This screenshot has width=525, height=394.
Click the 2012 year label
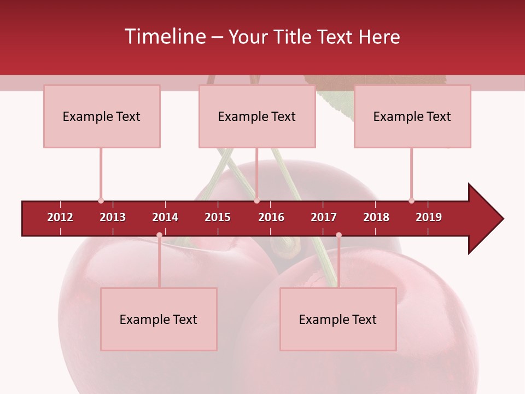click(x=60, y=217)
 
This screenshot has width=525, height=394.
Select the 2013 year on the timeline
click(x=113, y=217)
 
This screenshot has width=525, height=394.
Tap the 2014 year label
click(x=165, y=217)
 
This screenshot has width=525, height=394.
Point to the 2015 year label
click(x=218, y=217)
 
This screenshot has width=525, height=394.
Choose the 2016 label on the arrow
click(x=271, y=217)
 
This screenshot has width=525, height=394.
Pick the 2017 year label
click(x=324, y=217)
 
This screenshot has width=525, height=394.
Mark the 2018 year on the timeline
click(x=376, y=217)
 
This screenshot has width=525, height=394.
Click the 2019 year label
click(x=429, y=217)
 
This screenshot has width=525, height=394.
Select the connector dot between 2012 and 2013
click(x=101, y=201)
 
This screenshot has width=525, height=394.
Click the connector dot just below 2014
click(x=159, y=235)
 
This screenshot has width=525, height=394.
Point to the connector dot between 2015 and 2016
click(x=256, y=201)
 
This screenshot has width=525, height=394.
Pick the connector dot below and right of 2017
click(x=339, y=235)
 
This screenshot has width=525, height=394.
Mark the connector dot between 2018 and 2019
click(x=411, y=201)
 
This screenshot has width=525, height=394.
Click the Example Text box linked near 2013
click(x=102, y=117)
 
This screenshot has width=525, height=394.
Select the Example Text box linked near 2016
click(x=257, y=117)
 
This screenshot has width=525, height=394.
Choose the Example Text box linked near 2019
click(x=412, y=117)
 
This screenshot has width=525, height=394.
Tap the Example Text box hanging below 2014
click(x=159, y=320)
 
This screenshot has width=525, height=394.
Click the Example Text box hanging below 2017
click(x=338, y=320)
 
